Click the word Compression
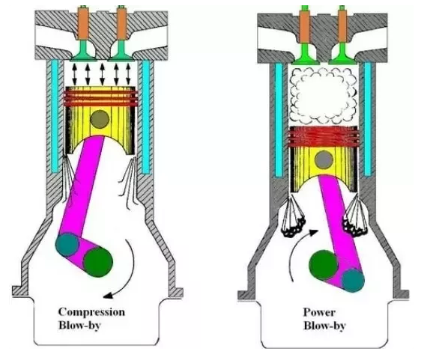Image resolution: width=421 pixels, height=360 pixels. (91, 312)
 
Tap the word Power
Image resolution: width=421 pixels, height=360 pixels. (319, 313)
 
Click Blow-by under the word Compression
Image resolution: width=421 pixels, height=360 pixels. (79, 326)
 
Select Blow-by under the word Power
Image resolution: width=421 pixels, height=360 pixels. (324, 326)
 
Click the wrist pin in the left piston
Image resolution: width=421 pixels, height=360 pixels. (100, 119)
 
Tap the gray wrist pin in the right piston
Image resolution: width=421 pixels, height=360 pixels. (324, 159)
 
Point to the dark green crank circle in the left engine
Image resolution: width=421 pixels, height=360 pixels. (98, 262)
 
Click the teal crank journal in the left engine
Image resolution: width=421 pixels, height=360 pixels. (67, 245)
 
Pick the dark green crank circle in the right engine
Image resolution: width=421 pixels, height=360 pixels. (324, 265)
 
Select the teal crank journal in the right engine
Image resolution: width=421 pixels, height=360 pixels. (353, 281)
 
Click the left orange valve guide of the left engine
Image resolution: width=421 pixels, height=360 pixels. (83, 24)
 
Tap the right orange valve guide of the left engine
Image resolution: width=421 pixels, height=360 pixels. (121, 24)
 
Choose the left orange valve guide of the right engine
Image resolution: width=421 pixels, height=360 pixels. (304, 26)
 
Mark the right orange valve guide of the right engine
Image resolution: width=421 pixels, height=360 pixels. (342, 26)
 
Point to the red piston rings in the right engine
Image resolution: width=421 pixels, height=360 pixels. (323, 137)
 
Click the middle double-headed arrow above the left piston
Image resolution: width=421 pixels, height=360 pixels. (102, 73)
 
